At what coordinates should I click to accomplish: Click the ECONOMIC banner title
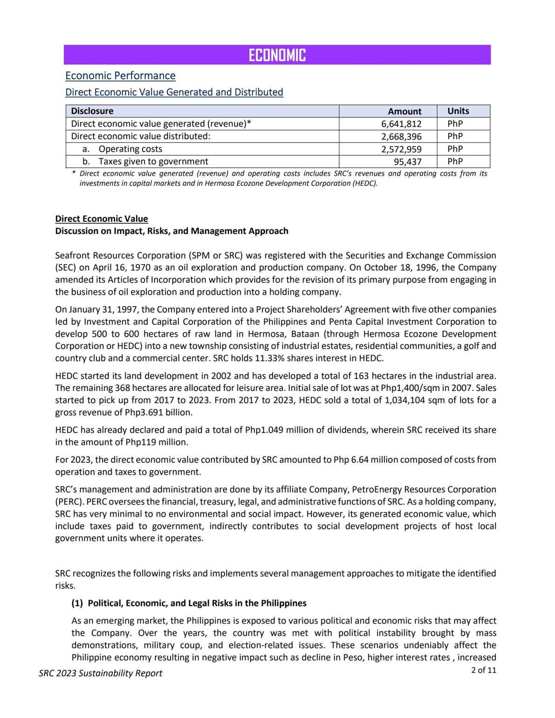[x=277, y=55]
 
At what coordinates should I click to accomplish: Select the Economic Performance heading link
[x=120, y=75]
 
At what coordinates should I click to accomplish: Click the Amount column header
[x=404, y=111]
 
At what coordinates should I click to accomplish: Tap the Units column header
[x=458, y=111]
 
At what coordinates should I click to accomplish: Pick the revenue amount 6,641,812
[x=401, y=124]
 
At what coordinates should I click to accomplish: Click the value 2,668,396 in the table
[x=401, y=137]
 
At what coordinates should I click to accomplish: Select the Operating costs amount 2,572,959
[x=401, y=149]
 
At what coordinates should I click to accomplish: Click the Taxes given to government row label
[x=153, y=161]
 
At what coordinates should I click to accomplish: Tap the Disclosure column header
[x=92, y=111]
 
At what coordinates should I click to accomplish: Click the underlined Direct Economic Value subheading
[x=102, y=219]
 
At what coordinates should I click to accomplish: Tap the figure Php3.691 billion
[x=158, y=412]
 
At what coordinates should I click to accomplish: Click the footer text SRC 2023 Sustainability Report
[x=100, y=673]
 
